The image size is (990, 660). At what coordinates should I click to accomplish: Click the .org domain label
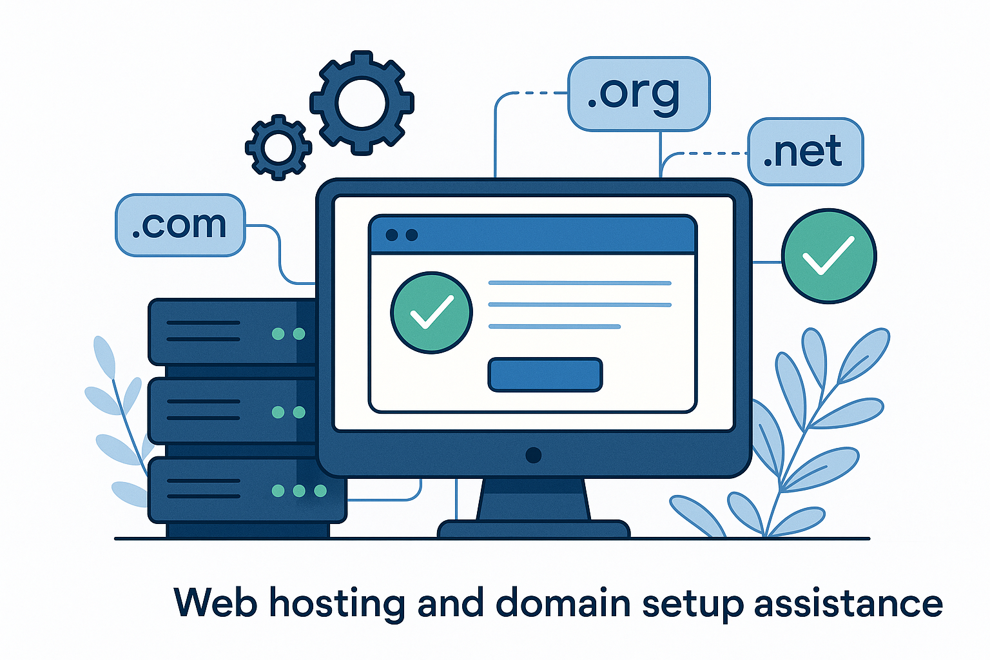point(638,94)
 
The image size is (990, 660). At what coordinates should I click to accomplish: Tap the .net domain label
point(804,152)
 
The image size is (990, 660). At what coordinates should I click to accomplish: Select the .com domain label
point(180,225)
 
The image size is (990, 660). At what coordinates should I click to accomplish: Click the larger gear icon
point(362,103)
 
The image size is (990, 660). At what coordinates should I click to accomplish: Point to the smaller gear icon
point(278,148)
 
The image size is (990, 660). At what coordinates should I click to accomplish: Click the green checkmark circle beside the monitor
point(829,256)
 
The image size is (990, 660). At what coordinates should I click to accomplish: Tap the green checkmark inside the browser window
point(431,313)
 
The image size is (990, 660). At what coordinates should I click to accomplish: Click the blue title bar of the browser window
point(532,235)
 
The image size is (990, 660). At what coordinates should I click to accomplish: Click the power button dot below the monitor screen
point(533,455)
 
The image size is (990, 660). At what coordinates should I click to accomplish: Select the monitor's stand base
point(533,529)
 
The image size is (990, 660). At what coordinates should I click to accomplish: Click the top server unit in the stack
point(232,333)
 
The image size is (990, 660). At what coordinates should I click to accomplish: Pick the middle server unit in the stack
point(232,411)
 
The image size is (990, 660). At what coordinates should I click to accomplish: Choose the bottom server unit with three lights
point(245,490)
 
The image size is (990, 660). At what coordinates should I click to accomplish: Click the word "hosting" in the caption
point(336,604)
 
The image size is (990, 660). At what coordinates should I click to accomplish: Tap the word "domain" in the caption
point(563,604)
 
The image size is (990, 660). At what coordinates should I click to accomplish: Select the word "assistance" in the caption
point(848,604)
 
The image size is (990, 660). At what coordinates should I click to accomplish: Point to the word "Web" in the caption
point(215,604)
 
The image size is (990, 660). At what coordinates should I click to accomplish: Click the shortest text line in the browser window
point(554,327)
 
